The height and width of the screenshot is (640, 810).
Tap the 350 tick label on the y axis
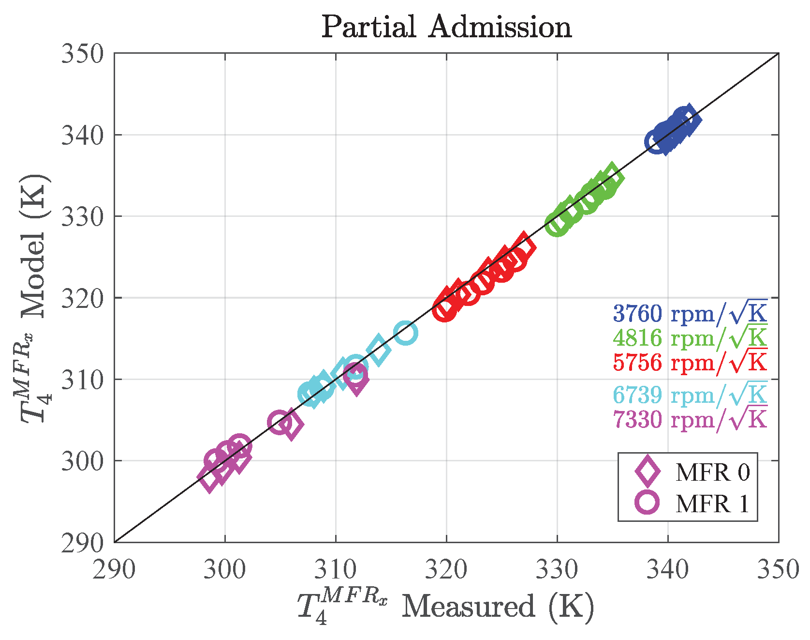tap(83, 53)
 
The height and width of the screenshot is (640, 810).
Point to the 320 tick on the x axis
tap(446, 570)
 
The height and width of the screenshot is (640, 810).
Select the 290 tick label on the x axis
tap(114, 570)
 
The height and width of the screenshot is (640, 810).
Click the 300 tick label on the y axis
tap(83, 461)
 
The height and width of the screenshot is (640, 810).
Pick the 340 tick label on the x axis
tap(668, 570)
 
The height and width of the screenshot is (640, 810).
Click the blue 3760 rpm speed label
tap(690, 313)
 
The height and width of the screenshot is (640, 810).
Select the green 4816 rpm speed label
tap(690, 337)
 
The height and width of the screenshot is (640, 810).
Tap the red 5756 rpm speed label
tap(690, 362)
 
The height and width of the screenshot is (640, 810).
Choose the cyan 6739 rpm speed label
tap(690, 395)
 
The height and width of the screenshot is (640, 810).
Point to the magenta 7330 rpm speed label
tap(690, 419)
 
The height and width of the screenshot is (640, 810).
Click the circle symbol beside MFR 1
tap(647, 502)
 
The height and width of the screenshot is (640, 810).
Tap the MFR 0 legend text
tap(712, 472)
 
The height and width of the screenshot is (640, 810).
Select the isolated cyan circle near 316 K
tap(405, 333)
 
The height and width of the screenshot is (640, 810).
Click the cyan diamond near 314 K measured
tap(378, 350)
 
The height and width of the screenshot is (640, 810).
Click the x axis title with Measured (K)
tap(445, 606)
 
